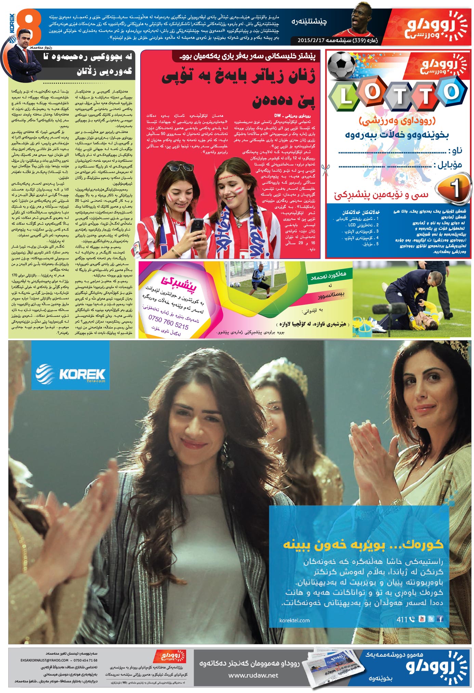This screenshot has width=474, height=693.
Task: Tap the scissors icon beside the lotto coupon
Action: click(x=325, y=170)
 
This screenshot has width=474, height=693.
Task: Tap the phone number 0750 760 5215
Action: click(x=168, y=322)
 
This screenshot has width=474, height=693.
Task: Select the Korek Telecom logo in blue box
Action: click(x=71, y=374)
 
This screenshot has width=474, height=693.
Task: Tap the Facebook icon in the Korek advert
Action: click(x=440, y=619)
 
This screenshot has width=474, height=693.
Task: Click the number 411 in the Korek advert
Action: click(x=402, y=619)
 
